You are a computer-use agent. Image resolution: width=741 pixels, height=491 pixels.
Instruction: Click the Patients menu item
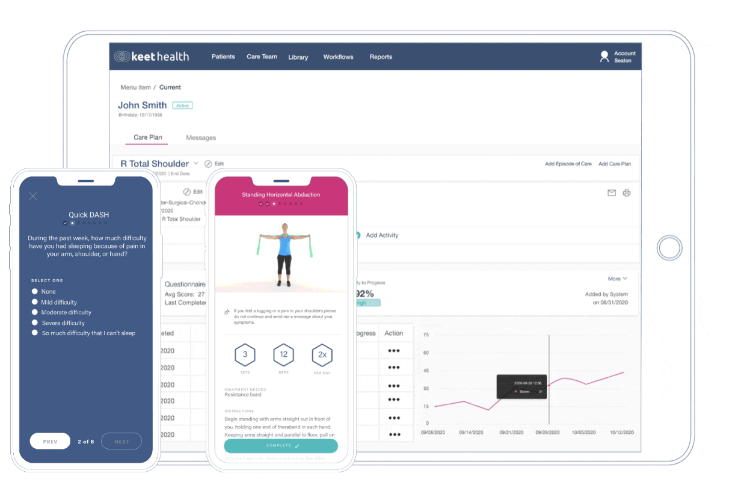pyautogui.click(x=223, y=57)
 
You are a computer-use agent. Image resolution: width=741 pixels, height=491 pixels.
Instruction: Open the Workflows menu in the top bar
pyautogui.click(x=338, y=57)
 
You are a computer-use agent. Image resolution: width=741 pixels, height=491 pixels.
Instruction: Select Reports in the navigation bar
pyautogui.click(x=381, y=57)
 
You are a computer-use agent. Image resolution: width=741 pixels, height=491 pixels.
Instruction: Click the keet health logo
pyautogui.click(x=152, y=57)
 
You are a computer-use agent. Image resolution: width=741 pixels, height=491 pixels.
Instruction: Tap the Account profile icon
pyautogui.click(x=604, y=57)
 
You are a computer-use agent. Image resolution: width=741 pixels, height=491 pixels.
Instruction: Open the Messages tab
pyautogui.click(x=201, y=138)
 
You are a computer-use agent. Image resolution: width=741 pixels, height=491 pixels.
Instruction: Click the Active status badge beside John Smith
pyautogui.click(x=182, y=105)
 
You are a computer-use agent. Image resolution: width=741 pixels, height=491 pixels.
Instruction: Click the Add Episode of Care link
pyautogui.click(x=568, y=164)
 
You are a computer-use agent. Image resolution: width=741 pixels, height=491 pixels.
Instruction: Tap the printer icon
pyautogui.click(x=627, y=193)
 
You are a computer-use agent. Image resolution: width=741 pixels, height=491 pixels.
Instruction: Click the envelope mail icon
pyautogui.click(x=612, y=193)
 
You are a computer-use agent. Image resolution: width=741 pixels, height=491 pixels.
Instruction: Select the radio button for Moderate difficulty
pyautogui.click(x=35, y=312)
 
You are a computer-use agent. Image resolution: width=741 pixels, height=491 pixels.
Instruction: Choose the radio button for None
pyautogui.click(x=35, y=291)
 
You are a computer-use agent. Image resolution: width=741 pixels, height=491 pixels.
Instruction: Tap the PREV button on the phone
pyautogui.click(x=50, y=442)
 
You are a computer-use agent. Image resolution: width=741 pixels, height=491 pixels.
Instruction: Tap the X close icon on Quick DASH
pyautogui.click(x=33, y=196)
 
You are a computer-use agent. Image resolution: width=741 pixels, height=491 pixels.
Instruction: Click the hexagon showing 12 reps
pyautogui.click(x=283, y=355)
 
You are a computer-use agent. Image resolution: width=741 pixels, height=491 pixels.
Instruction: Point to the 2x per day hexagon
pyautogui.click(x=322, y=355)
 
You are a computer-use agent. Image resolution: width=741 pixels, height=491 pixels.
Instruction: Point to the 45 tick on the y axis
pyautogui.click(x=426, y=371)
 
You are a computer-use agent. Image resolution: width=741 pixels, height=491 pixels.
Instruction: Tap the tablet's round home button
pyautogui.click(x=669, y=247)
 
